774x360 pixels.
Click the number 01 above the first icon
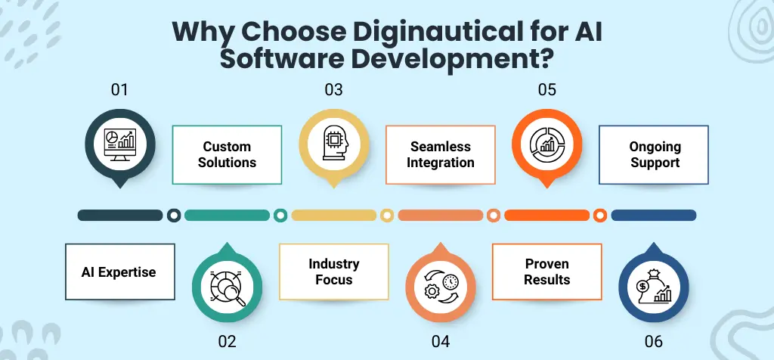point(119,90)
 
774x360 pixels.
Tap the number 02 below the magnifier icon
point(227,341)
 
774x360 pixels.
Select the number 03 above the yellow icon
point(333,90)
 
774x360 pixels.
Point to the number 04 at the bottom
point(441,341)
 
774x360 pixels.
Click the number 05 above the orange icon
point(546,90)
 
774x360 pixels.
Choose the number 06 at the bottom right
point(654,341)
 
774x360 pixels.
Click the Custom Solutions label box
point(228,154)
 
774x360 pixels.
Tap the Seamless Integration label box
point(441,154)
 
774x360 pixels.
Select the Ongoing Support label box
point(654,154)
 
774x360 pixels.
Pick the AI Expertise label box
point(119,272)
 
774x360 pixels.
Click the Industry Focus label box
point(333,272)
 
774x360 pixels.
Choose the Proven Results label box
point(546,272)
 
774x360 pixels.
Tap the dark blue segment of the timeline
point(654,216)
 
